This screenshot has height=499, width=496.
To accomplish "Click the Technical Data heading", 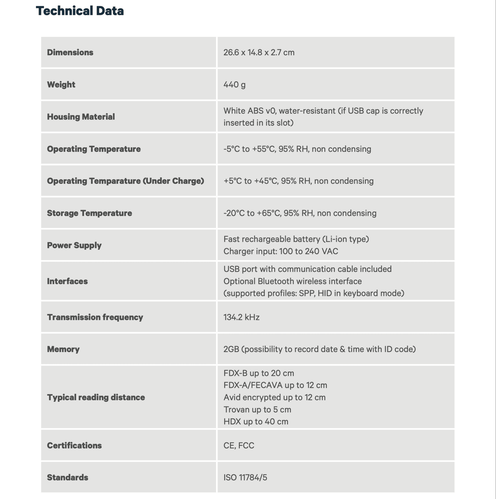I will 80,11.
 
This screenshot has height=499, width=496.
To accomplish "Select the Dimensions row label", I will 70,52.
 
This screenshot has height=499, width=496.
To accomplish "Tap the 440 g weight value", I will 234,85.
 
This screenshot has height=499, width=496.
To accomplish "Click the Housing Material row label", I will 81,117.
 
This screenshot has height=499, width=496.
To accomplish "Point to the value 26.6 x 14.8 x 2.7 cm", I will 259,52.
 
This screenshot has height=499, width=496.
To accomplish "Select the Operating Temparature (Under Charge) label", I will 125,181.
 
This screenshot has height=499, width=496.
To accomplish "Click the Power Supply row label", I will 74,245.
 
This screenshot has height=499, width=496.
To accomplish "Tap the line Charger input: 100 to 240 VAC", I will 280,251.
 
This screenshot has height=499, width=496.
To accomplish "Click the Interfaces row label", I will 67,281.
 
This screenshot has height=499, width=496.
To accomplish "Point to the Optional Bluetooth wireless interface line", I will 292,281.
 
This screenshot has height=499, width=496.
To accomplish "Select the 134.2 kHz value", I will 241,317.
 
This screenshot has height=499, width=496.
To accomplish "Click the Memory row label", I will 63,349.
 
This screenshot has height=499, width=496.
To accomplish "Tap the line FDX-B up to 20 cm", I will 259,373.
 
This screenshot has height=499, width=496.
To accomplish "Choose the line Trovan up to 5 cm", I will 257,409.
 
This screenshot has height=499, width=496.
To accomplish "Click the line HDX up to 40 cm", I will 256,422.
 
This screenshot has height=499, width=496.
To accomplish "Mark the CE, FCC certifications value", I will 239,445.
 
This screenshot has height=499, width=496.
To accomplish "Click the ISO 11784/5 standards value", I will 245,477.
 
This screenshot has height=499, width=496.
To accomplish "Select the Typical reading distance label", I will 96,397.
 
